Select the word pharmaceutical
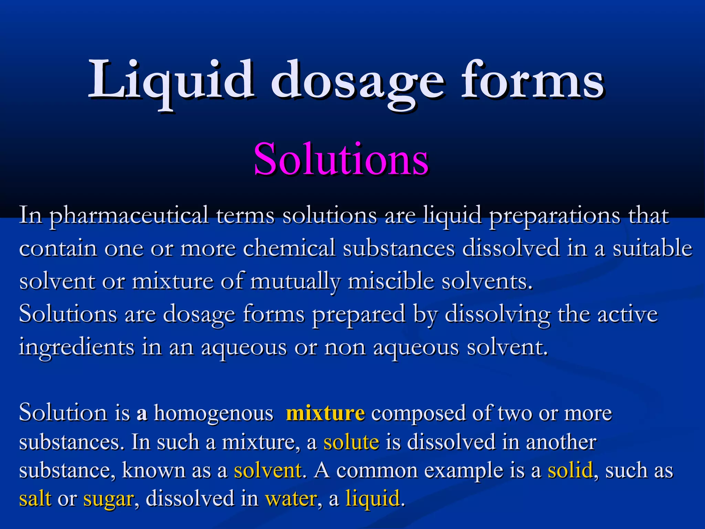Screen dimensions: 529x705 [128, 216]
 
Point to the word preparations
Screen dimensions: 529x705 [554, 216]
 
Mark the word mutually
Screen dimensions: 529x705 [295, 281]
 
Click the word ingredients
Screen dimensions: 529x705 [76, 348]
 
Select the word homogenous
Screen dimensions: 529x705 [213, 413]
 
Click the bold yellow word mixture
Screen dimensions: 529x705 [325, 413]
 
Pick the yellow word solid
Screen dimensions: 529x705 [570, 470]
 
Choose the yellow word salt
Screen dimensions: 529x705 [35, 499]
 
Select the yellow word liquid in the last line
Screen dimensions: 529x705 [372, 499]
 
